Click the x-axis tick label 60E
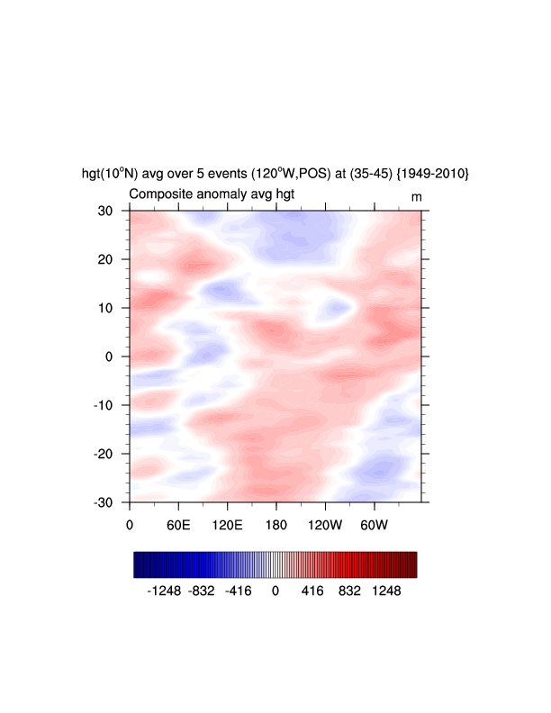coord(178,525)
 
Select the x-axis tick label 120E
coord(227,525)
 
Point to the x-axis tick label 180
coord(276,525)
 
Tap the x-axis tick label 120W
coord(325,525)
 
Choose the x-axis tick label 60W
coord(374,525)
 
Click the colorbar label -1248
coord(164,591)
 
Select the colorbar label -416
coord(239,591)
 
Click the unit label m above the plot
coord(417,195)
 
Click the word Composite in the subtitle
coord(160,194)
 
